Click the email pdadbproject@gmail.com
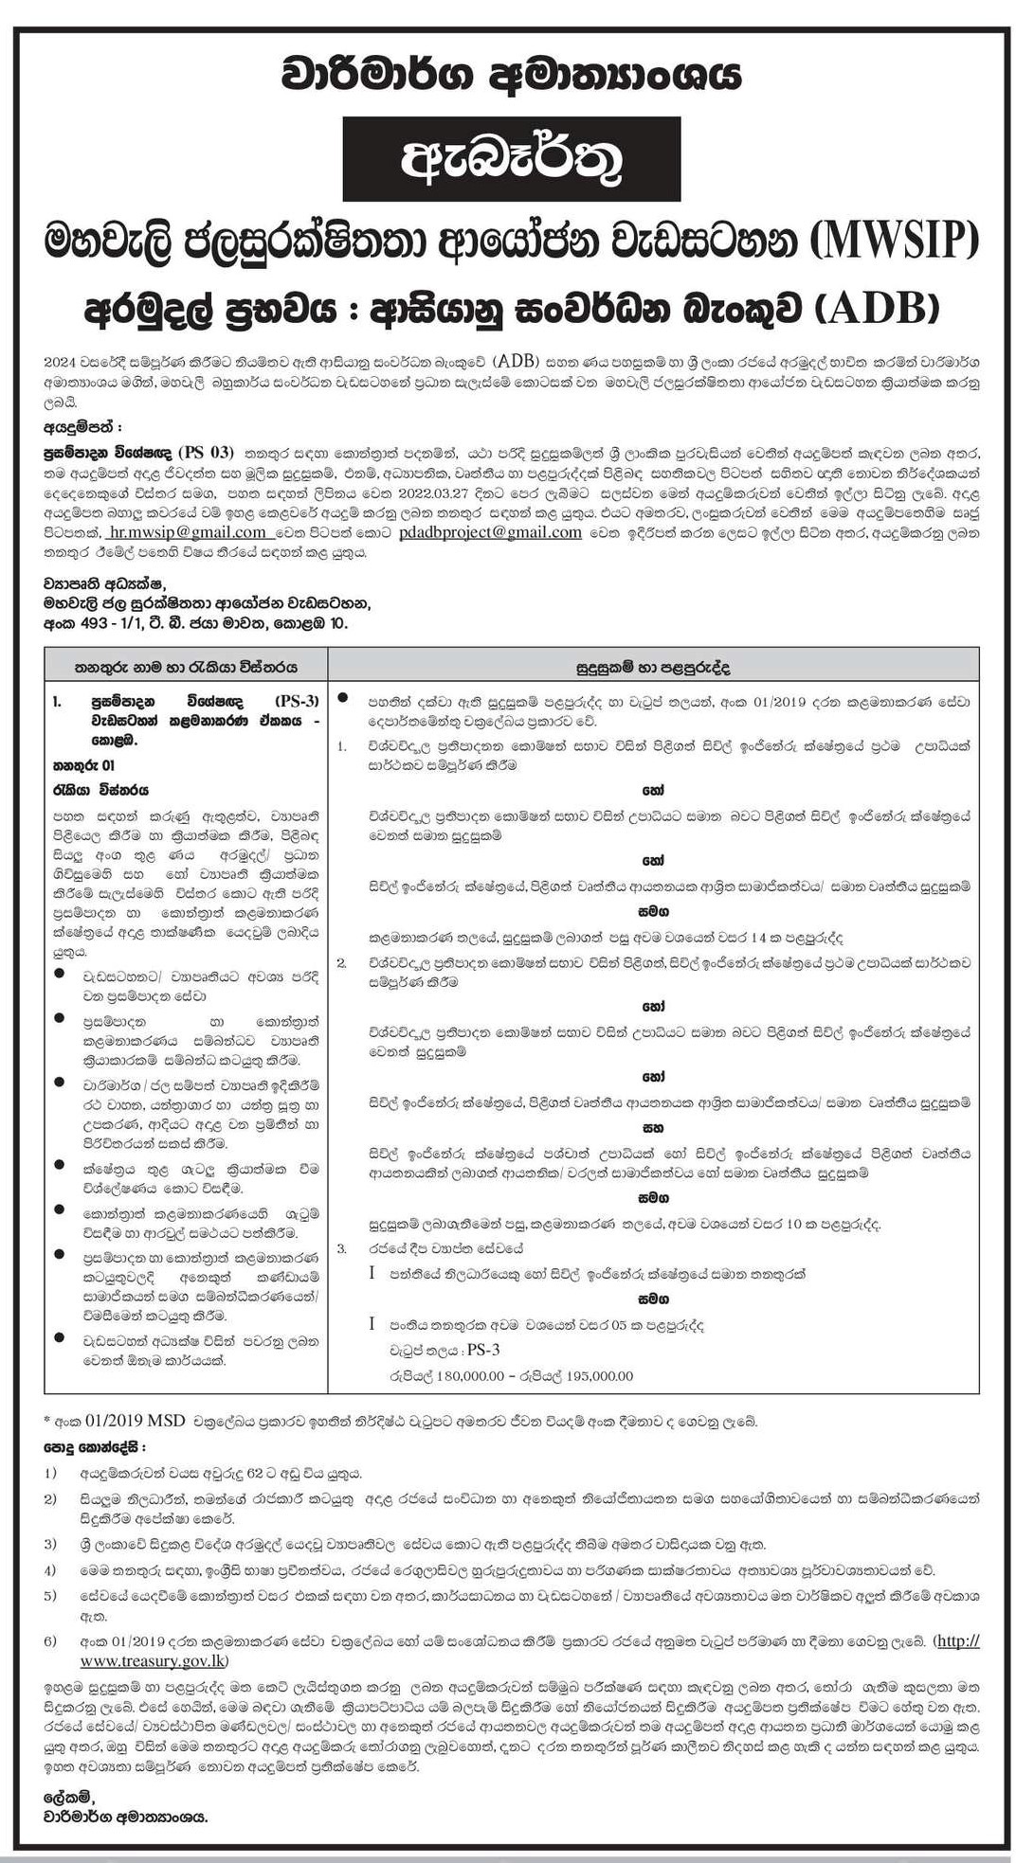490,533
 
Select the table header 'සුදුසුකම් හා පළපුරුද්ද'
654,666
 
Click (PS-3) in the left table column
296,701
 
